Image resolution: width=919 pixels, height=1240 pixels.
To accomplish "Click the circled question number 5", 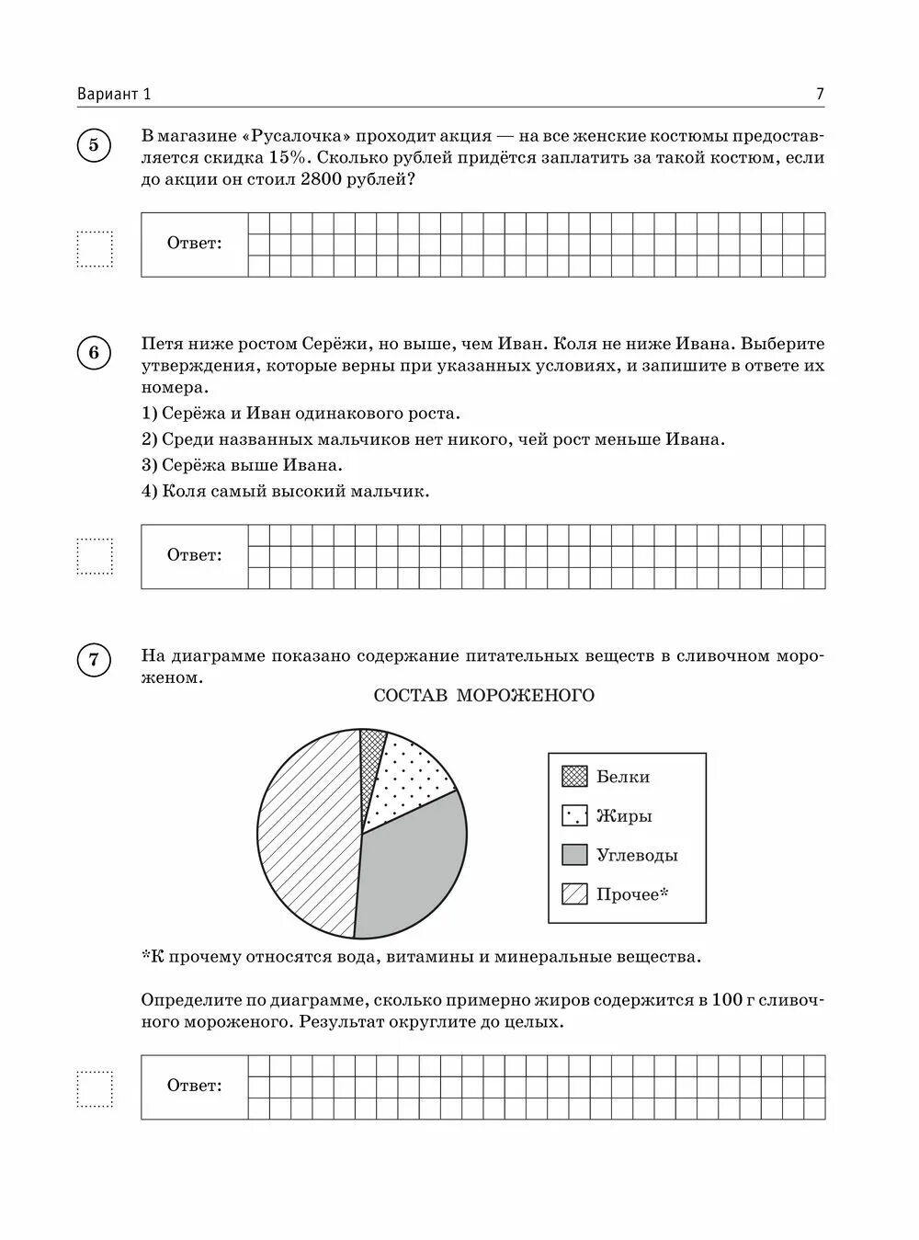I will click(94, 145).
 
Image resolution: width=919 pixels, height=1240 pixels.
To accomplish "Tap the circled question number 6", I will click(94, 354).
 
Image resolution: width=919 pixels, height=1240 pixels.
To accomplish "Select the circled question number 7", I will click(94, 661).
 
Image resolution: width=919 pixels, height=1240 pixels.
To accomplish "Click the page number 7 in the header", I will click(819, 94).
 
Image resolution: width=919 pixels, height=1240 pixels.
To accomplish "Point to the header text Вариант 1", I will click(114, 94).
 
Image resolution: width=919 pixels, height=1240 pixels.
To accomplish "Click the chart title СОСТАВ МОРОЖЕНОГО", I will click(483, 696).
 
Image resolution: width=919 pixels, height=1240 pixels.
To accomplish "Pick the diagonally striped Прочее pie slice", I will click(308, 827).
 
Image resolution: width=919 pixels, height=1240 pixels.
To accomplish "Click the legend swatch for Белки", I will click(574, 777).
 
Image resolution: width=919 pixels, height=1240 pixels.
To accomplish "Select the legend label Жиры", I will click(624, 816).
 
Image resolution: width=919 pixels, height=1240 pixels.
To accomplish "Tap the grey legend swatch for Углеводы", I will click(574, 855).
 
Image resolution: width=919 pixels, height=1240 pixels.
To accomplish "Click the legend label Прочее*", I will click(632, 894).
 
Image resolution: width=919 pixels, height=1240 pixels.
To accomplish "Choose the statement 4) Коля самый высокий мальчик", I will click(285, 491).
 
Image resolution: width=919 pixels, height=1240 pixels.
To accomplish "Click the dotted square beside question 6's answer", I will click(94, 556).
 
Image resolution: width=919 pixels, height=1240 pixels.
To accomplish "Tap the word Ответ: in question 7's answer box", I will click(194, 1086).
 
